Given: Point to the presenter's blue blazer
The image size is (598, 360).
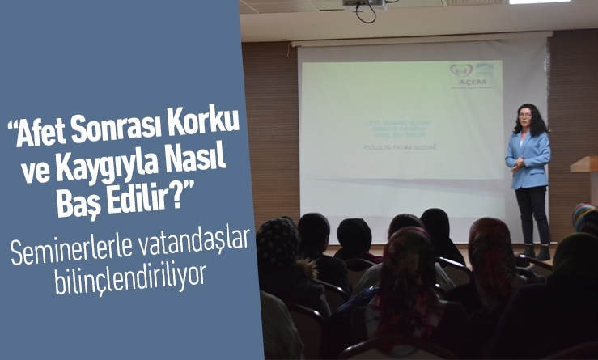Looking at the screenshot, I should coord(529,159).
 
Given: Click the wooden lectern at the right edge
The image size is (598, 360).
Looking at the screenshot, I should coord(584,166).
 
